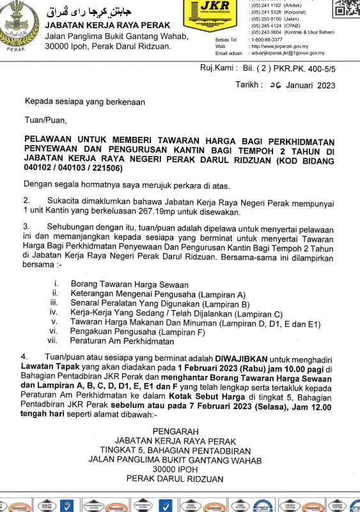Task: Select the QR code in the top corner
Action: pyautogui.click(x=347, y=8)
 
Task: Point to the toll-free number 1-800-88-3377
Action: pyautogui.click(x=269, y=40)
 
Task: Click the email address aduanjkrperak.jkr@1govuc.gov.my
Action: pyautogui.click(x=288, y=54)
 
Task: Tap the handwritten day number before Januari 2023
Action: pyautogui.click(x=276, y=84)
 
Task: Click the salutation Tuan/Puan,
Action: pyautogui.click(x=45, y=119)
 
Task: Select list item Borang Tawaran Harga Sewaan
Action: pyautogui.click(x=129, y=284)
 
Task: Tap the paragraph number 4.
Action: pyautogui.click(x=25, y=355)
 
